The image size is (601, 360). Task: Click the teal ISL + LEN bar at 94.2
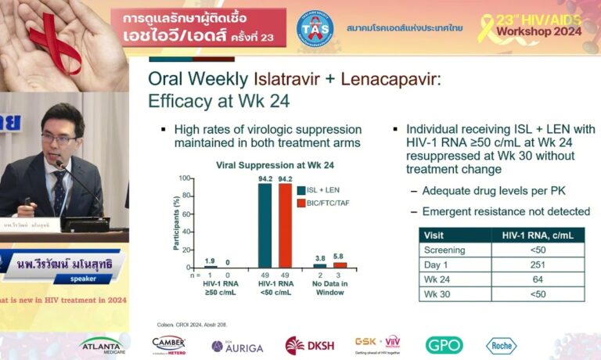[x=265, y=225]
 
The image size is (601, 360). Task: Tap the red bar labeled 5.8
[x=339, y=265]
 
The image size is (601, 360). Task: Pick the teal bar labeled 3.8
[x=319, y=265]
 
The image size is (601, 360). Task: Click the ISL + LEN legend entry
[x=319, y=189]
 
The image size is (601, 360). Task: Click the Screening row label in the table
[x=444, y=250]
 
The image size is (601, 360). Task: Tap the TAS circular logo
[x=315, y=29]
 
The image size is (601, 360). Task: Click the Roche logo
[x=501, y=345]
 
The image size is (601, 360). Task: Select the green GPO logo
[x=444, y=345]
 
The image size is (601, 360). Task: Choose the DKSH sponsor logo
[x=310, y=345]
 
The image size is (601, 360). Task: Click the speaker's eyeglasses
[x=59, y=139]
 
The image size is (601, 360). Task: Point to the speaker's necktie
[x=59, y=192]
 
